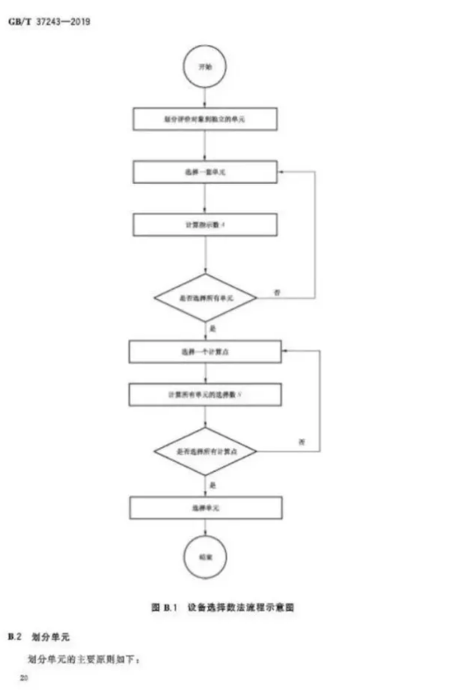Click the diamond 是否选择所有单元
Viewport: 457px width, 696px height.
click(x=205, y=297)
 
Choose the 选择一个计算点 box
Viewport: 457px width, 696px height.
click(x=205, y=352)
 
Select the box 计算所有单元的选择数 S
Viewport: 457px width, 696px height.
click(x=205, y=395)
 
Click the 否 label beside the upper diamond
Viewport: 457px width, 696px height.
click(x=278, y=289)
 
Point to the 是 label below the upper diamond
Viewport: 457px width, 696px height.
click(x=213, y=328)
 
